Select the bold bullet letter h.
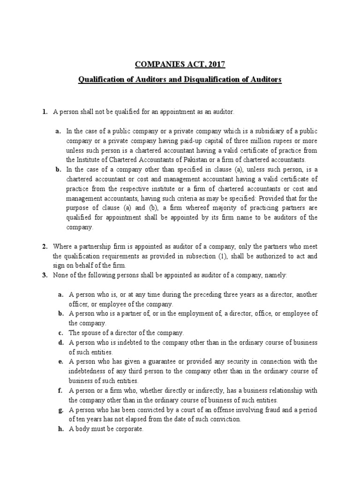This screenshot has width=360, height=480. click(60, 429)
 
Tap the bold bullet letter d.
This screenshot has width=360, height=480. click(60, 343)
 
